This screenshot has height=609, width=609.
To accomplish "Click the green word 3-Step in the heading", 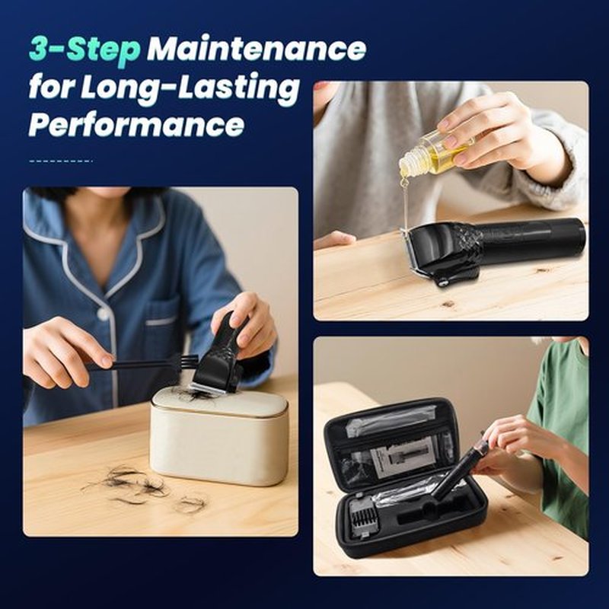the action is click(x=84, y=50).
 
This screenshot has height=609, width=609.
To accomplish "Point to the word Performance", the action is click(x=137, y=124).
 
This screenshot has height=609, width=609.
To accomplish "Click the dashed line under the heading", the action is click(x=61, y=161).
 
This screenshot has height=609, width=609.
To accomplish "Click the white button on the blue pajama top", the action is click(x=104, y=314).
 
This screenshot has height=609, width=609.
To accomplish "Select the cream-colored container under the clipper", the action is click(x=219, y=436).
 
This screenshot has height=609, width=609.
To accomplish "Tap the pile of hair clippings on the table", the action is click(x=145, y=488).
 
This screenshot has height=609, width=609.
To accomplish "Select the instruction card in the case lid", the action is click(x=404, y=456).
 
